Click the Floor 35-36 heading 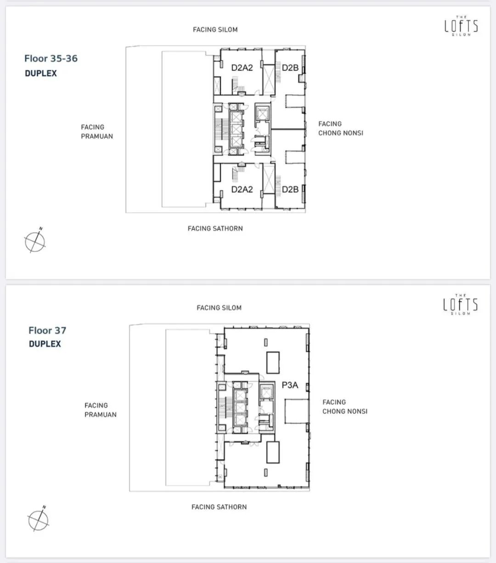[x=51, y=58]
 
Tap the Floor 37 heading [x=47, y=330]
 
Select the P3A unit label [x=290, y=385]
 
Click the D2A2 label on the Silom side [x=242, y=68]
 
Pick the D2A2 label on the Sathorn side [x=242, y=190]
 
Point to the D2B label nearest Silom [x=290, y=68]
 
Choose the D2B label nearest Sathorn [x=290, y=190]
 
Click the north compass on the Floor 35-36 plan [x=35, y=241]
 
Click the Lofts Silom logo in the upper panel [x=461, y=26]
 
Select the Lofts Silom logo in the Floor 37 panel [x=461, y=304]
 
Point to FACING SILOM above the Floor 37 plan [x=219, y=308]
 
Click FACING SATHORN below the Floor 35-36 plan [x=215, y=229]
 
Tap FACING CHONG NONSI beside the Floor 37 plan [x=345, y=407]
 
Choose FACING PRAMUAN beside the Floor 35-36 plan [x=97, y=132]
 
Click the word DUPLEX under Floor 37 [x=45, y=344]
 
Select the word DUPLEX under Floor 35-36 [x=41, y=73]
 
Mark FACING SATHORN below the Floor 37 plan [x=219, y=507]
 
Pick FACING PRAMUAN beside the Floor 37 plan [x=101, y=410]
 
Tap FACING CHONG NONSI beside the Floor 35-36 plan [x=341, y=128]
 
